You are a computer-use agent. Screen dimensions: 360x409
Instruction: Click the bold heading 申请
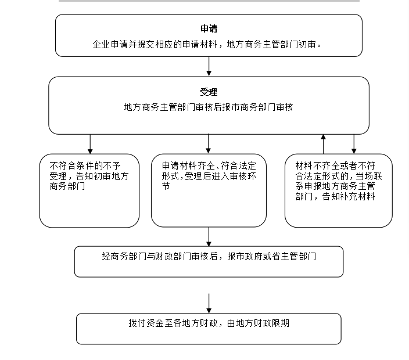[209, 28]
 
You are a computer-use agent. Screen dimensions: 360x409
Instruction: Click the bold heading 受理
[209, 92]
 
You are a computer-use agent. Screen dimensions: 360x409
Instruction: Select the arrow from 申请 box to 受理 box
[209, 66]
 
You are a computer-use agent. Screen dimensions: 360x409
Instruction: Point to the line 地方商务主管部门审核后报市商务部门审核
[208, 107]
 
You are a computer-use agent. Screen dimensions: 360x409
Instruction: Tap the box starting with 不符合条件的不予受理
[89, 190]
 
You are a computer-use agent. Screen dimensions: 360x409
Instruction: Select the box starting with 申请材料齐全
[209, 190]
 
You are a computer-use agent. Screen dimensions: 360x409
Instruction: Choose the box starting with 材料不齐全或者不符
[338, 190]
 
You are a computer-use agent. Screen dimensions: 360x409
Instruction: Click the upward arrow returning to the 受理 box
[323, 143]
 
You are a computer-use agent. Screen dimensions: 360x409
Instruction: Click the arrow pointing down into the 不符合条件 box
[90, 143]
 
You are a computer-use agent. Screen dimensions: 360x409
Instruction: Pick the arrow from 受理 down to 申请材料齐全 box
[209, 143]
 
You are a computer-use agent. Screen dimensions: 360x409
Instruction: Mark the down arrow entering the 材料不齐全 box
[353, 143]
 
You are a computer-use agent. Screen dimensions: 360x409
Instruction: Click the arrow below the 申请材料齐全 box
[209, 236]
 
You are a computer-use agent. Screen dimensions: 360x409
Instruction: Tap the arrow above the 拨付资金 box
[209, 303]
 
